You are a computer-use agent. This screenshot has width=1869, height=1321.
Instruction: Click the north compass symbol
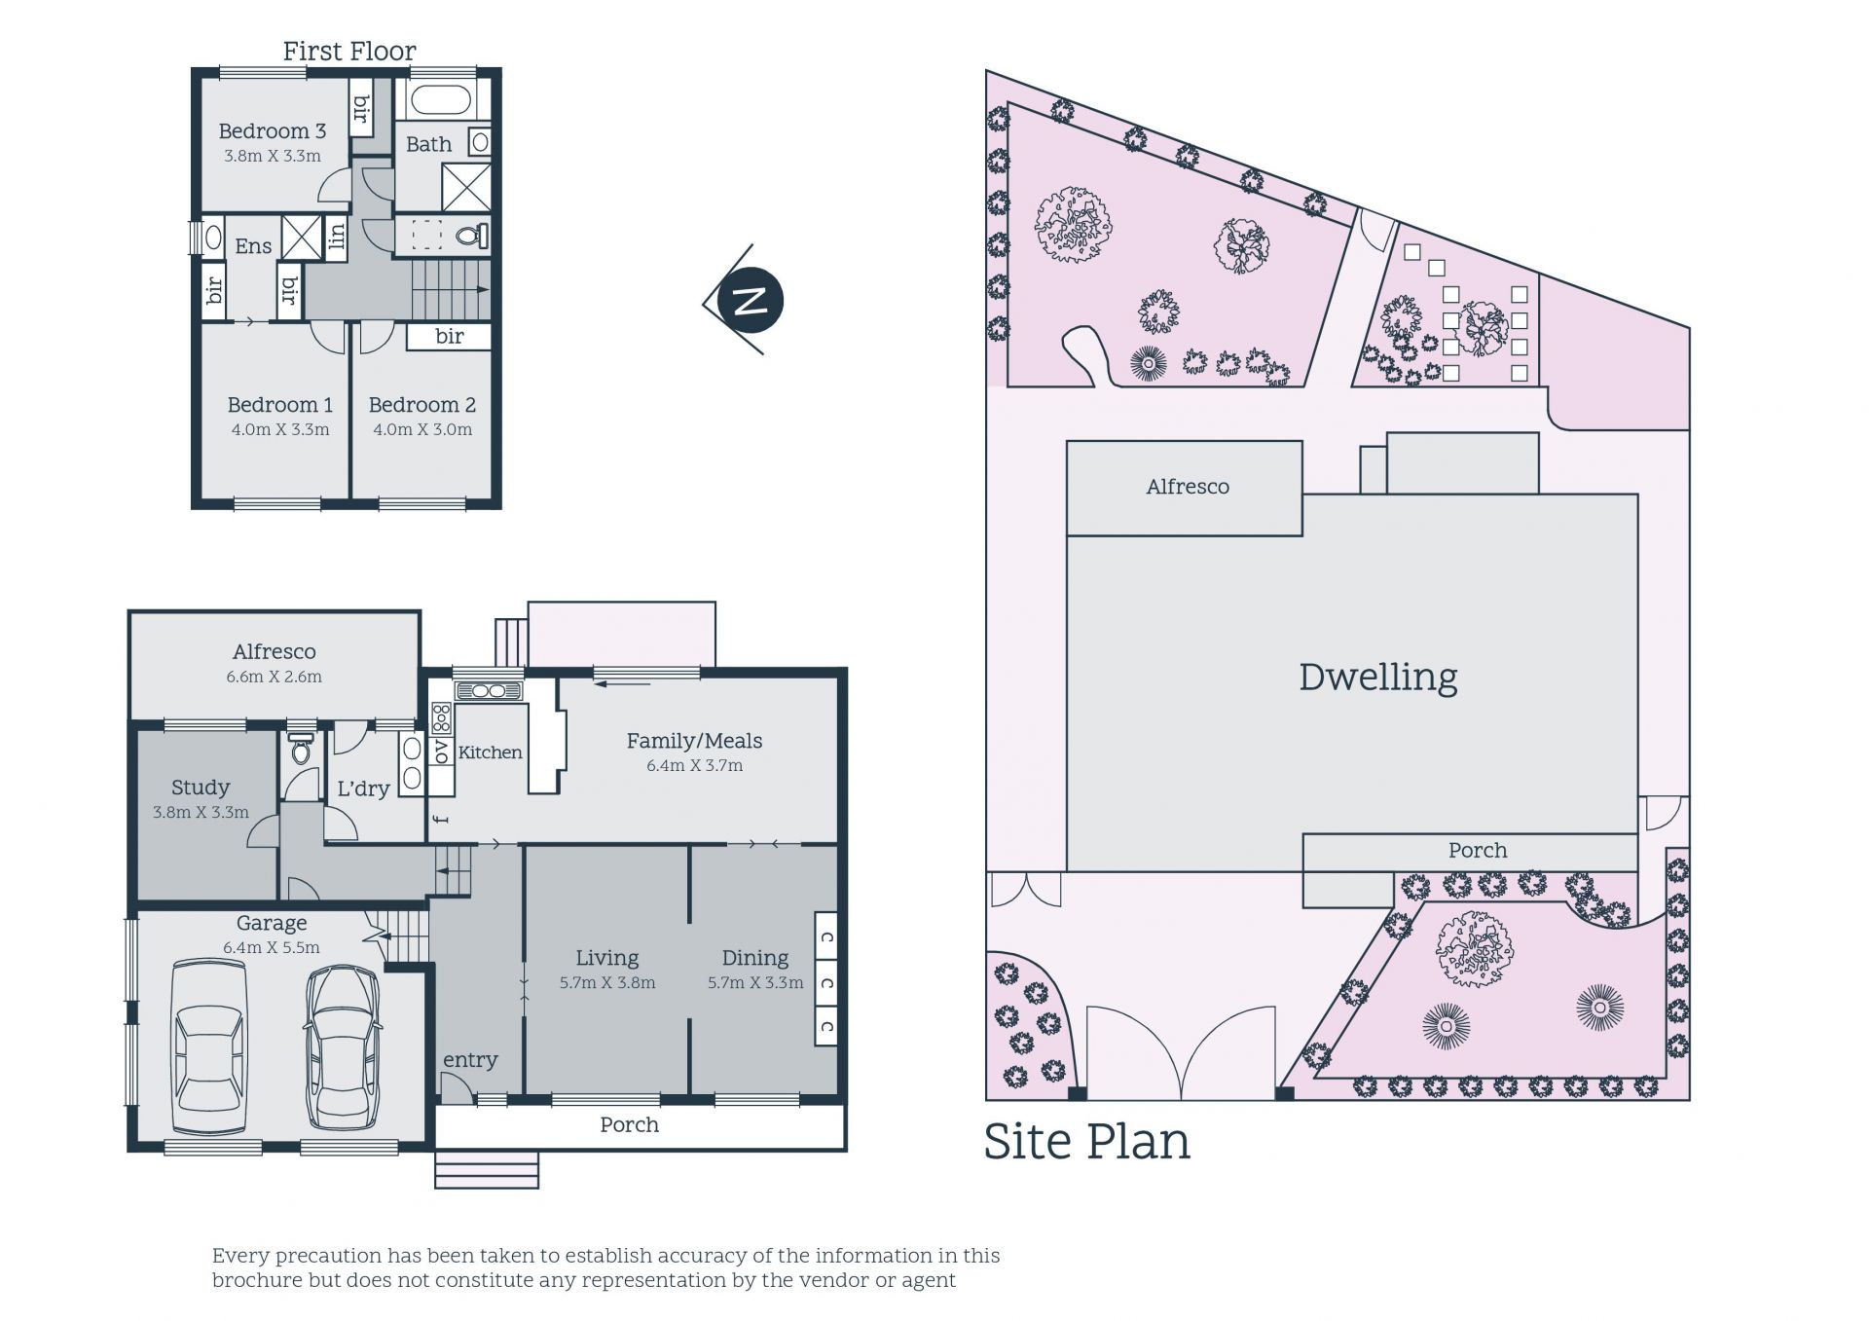pos(750,300)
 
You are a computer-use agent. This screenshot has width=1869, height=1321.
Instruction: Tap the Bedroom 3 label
pos(272,131)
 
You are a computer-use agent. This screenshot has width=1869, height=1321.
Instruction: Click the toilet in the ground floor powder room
pos(300,750)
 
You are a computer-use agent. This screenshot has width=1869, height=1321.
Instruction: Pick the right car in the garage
pos(343,1046)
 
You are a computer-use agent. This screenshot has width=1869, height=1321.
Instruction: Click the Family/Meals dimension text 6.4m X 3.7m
pos(694,766)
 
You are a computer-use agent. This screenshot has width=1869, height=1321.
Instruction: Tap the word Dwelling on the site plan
pos(1378,679)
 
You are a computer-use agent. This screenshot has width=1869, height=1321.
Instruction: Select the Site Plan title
pos(1086,1142)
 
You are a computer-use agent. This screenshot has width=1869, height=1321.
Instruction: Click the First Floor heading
pos(349,52)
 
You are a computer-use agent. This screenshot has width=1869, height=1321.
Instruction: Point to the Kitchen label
pos(490,752)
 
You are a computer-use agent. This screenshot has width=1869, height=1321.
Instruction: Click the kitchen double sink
pos(489,691)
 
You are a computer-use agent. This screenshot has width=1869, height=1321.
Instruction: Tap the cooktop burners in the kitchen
pos(441,718)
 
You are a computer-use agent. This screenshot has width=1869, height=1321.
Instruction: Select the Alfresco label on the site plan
pos(1187,487)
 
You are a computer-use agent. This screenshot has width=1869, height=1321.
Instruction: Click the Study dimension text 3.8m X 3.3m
pos(201,813)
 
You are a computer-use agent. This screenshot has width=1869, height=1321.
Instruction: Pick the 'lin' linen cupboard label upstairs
pos(337,236)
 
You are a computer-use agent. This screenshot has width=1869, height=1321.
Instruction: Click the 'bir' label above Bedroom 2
pos(449,337)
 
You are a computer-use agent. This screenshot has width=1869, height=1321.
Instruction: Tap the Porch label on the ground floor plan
pos(629,1125)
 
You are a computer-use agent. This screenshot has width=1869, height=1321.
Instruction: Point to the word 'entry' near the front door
pos(470,1061)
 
